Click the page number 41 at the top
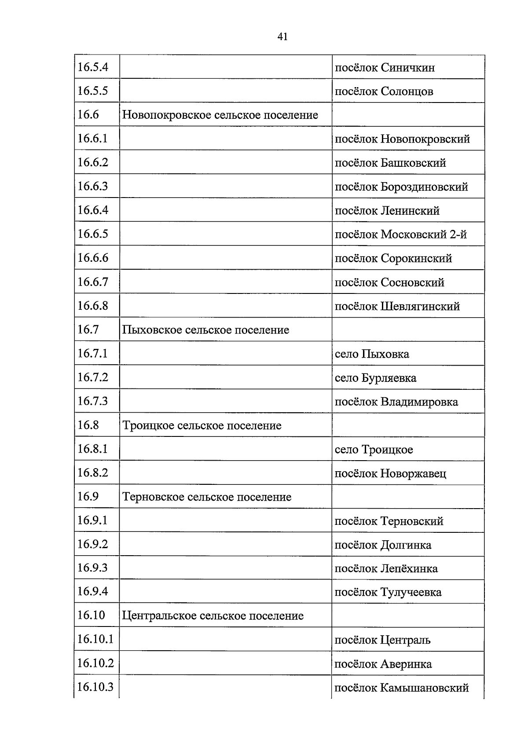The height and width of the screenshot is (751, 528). [282, 37]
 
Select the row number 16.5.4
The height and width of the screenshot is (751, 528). [93, 67]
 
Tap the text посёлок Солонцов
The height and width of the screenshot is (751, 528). [384, 92]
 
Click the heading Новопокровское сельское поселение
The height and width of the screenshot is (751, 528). [220, 115]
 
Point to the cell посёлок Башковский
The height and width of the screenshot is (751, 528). [390, 163]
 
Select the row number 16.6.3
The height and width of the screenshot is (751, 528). [93, 187]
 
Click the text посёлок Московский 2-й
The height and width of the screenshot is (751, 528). [401, 234]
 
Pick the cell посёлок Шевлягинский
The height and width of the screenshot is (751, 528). [397, 306]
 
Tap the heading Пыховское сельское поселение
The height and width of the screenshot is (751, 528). [205, 330]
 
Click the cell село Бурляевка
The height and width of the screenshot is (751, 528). [375, 378]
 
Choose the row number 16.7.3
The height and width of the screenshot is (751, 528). [93, 401]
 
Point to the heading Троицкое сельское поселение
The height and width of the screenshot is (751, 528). [202, 426]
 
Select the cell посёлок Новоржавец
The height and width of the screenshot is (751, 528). [390, 474]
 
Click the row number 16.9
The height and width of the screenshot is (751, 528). [88, 497]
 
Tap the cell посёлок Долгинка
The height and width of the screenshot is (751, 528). [383, 545]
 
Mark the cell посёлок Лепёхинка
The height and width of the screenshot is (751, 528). [386, 569]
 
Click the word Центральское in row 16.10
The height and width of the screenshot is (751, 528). [159, 615]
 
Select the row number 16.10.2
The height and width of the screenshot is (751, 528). [95, 663]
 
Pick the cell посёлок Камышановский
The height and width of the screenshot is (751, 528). [401, 688]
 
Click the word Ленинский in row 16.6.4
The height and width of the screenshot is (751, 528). [410, 211]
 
